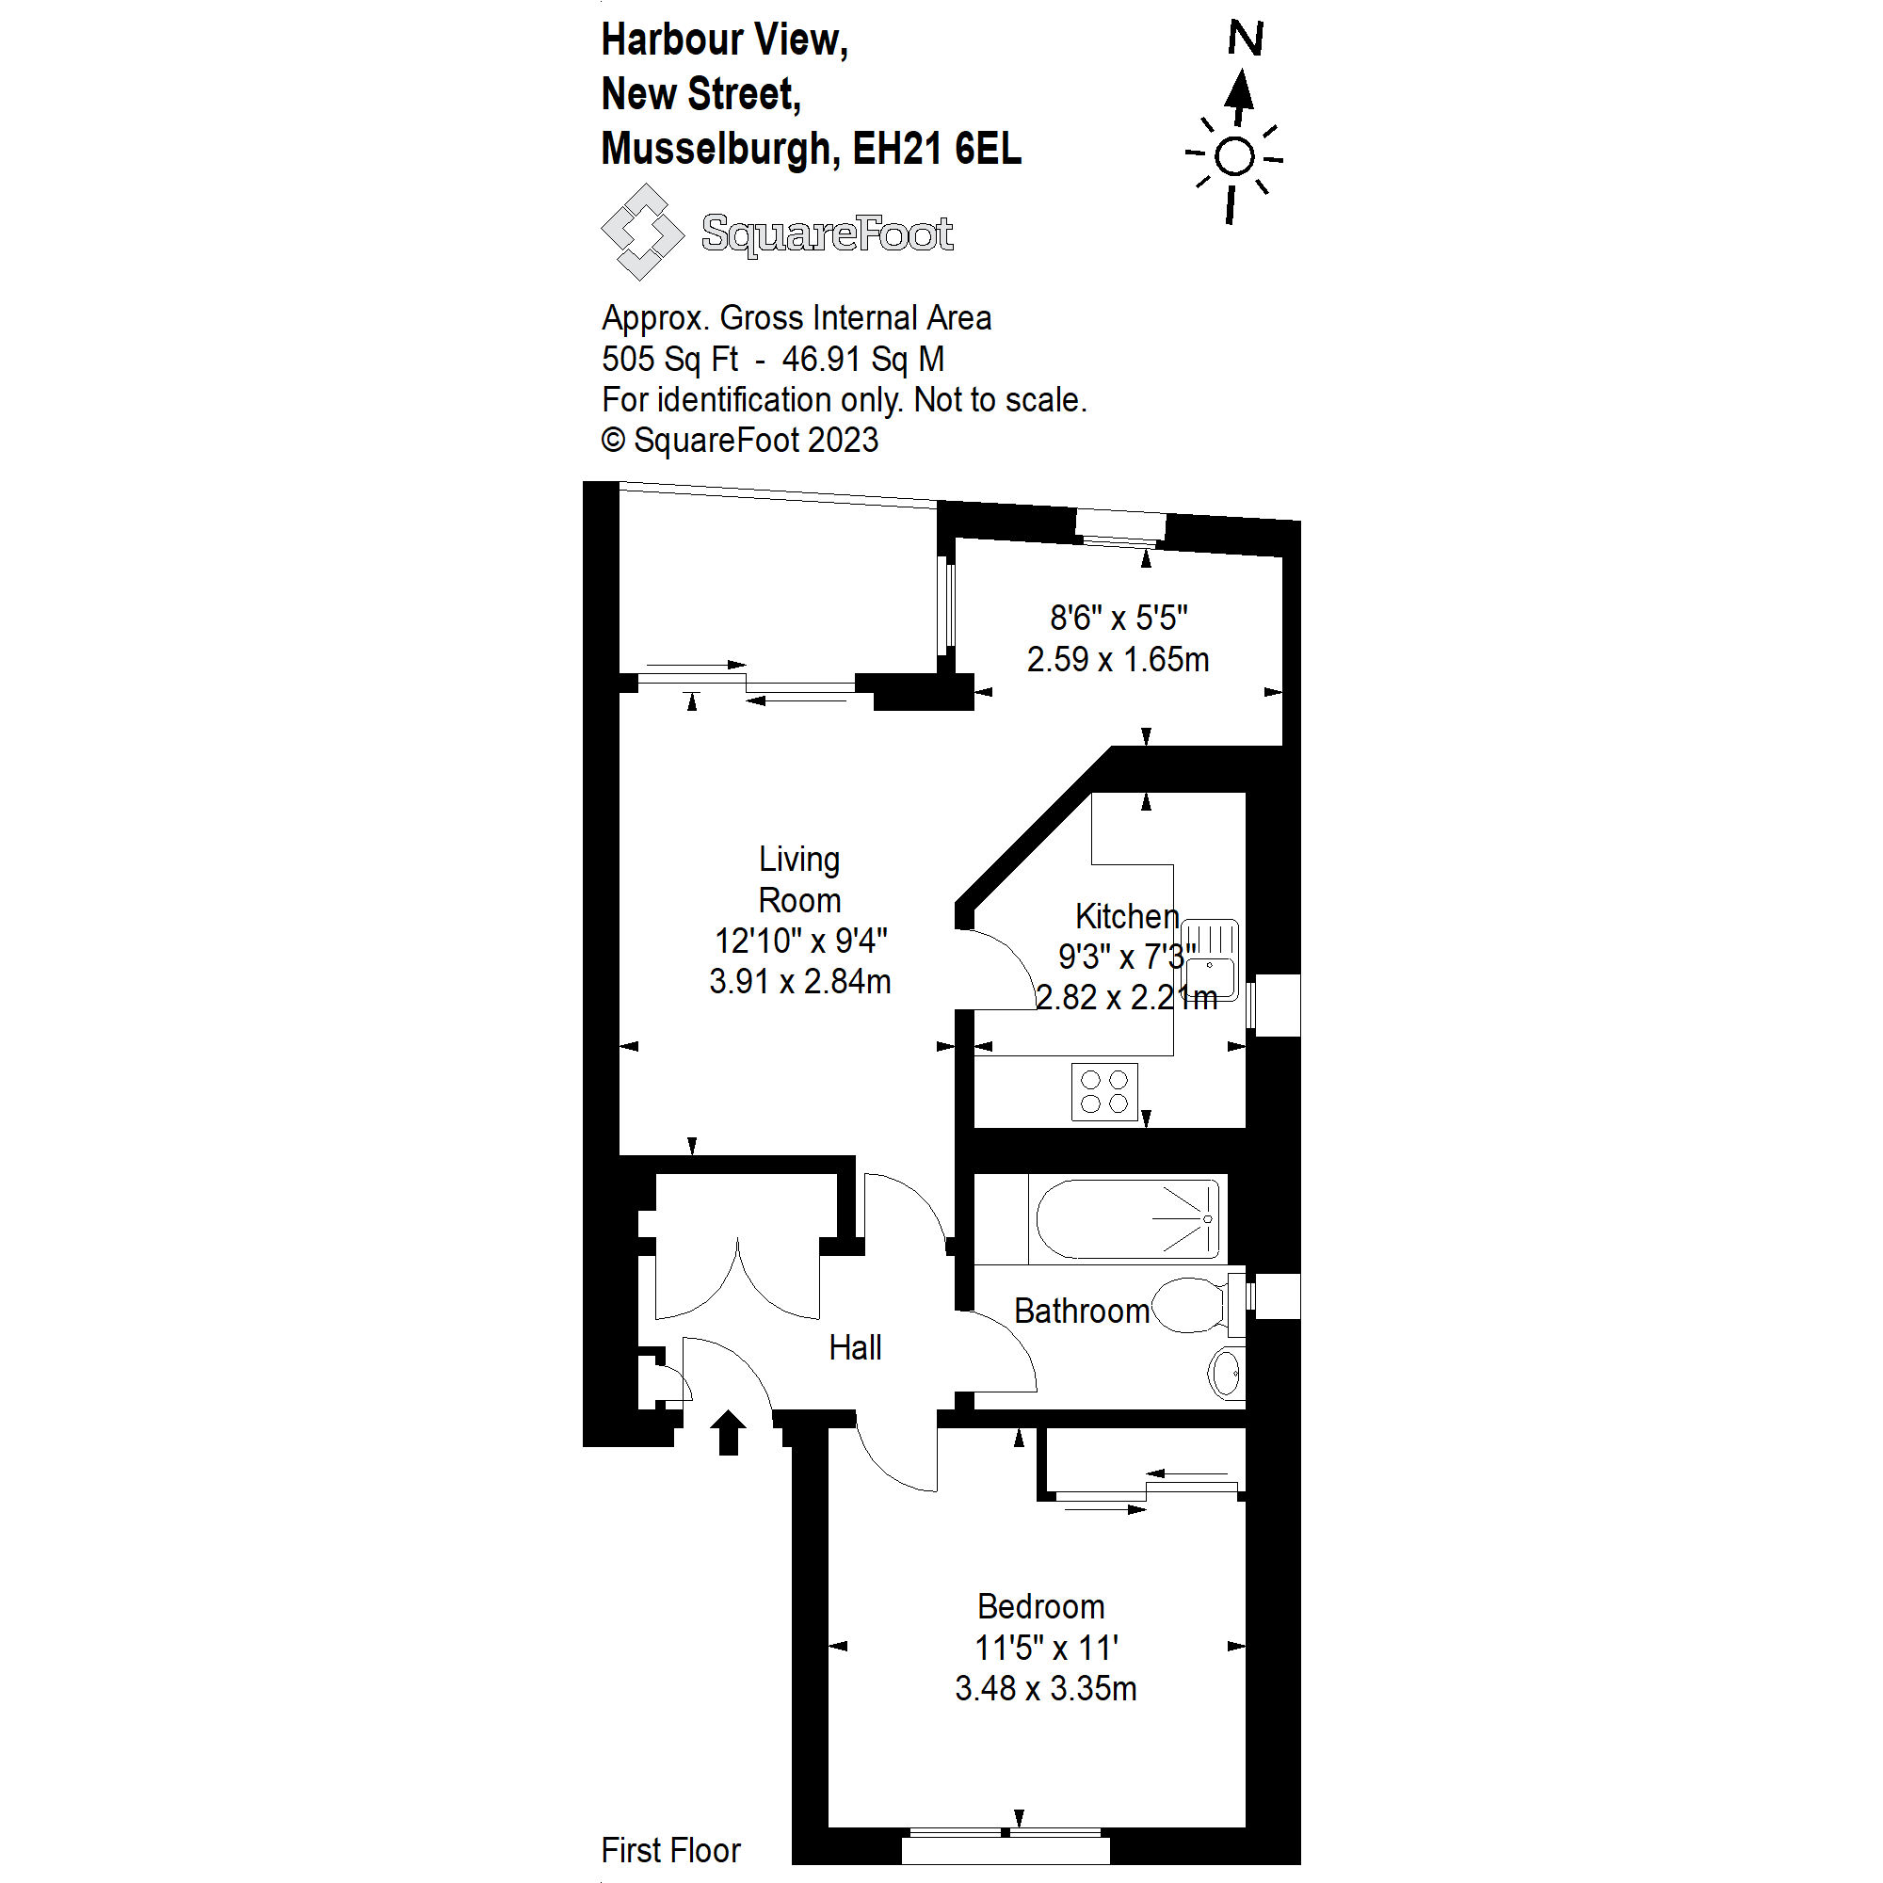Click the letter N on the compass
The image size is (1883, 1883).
[1245, 39]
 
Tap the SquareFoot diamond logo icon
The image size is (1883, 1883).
[642, 232]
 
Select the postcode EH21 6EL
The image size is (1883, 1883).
[937, 149]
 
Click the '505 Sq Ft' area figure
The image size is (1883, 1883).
[669, 359]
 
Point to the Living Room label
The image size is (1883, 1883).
[799, 879]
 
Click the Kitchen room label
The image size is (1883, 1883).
[1127, 916]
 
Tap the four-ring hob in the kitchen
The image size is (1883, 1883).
[1104, 1091]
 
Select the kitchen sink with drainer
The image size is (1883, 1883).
[1211, 960]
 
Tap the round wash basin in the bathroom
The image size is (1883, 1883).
[1225, 1374]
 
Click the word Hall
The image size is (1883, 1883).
[855, 1348]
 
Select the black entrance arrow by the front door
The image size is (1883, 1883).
[727, 1432]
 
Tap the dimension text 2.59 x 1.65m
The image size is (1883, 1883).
[1118, 660]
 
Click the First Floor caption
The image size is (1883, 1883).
[670, 1849]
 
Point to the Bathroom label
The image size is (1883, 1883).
[1081, 1311]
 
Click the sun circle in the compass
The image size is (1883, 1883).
[1235, 157]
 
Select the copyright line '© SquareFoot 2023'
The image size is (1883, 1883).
[740, 441]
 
